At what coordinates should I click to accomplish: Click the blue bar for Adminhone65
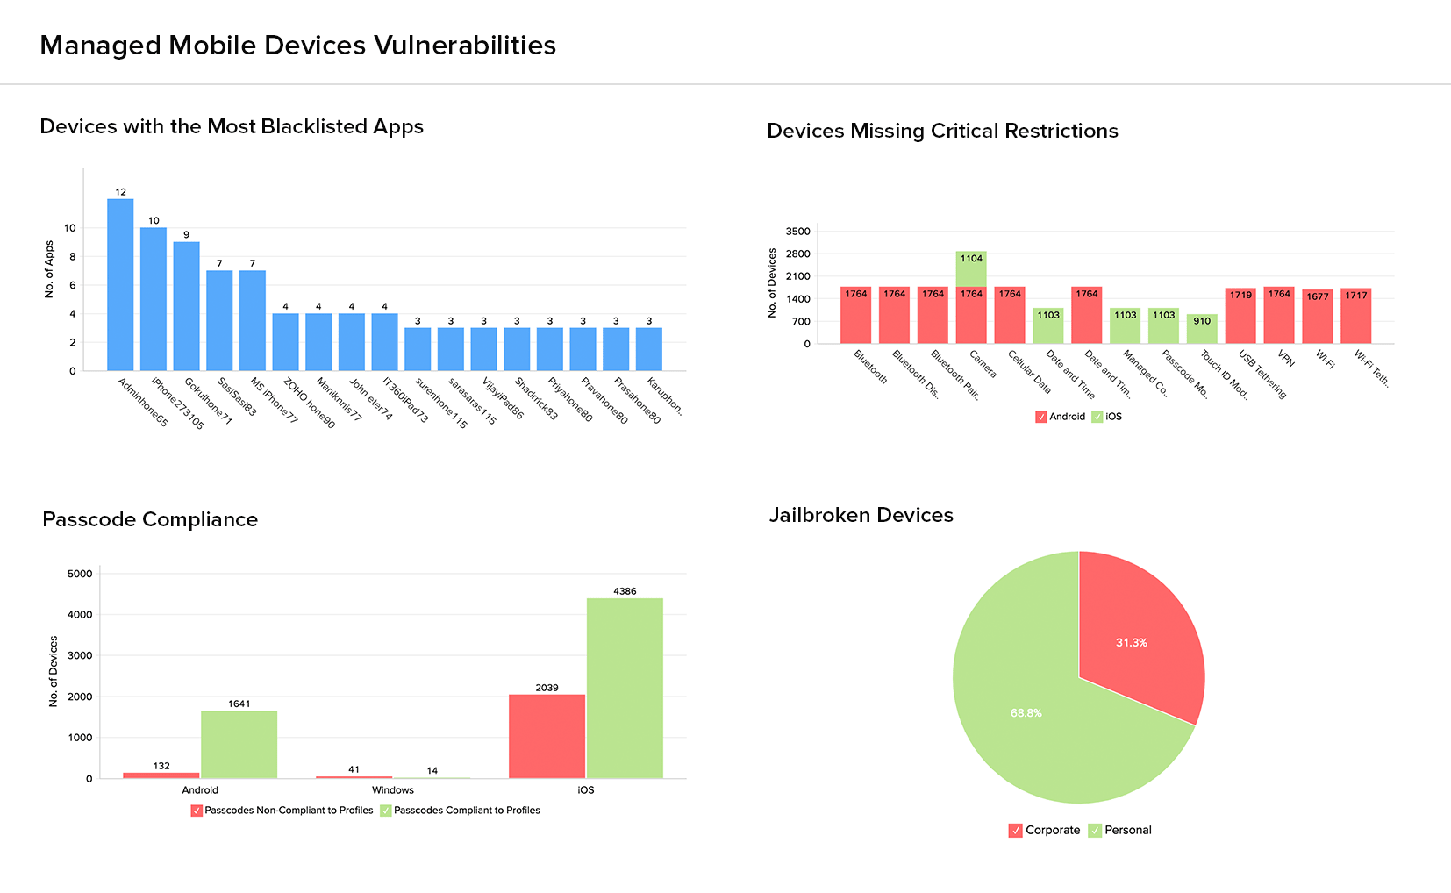[x=120, y=285]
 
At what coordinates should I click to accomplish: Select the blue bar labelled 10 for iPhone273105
[x=154, y=299]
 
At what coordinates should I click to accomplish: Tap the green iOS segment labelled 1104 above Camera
[x=971, y=269]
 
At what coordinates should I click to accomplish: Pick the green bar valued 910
[x=1202, y=329]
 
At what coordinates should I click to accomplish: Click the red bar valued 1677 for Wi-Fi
[x=1317, y=317]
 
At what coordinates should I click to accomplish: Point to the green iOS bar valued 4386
[x=625, y=689]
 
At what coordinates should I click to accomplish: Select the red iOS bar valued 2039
[x=547, y=737]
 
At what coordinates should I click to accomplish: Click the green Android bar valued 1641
[x=239, y=745]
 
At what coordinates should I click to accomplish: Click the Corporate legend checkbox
[x=1016, y=831]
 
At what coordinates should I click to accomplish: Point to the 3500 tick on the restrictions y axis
[x=798, y=232]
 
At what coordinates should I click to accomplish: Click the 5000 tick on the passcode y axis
[x=80, y=574]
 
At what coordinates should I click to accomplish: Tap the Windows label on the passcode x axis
[x=392, y=790]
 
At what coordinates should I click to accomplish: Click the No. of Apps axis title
[x=49, y=269]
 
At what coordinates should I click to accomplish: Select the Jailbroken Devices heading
[x=861, y=515]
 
